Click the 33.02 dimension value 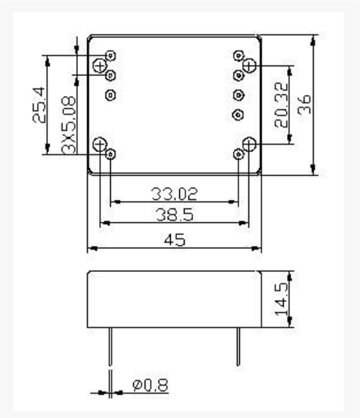point(174,193)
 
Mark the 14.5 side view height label point(282,297)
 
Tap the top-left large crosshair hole point(100,67)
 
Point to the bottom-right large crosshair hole point(248,144)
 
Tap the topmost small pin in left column point(111,55)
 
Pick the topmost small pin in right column point(238,55)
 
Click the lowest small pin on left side point(111,154)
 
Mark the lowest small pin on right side point(238,154)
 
